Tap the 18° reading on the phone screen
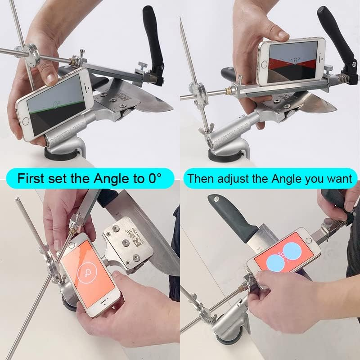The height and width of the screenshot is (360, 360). coord(295,60)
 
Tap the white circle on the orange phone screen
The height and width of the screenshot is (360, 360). coord(84,272)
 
